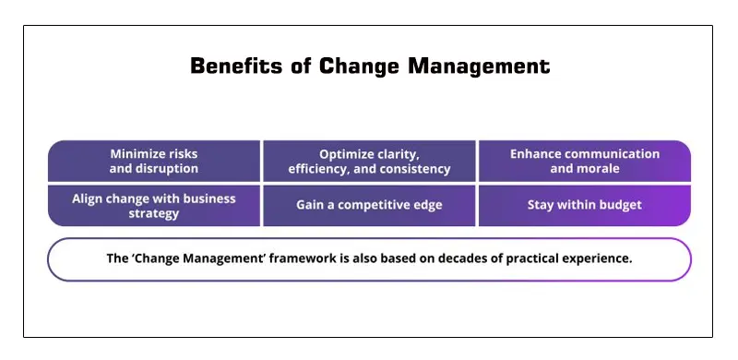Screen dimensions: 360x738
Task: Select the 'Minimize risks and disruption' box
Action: (154, 161)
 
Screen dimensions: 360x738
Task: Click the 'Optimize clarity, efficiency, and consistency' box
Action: (369, 161)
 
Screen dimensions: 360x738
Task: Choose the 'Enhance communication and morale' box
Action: (584, 161)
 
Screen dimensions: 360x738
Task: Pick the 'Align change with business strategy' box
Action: (154, 205)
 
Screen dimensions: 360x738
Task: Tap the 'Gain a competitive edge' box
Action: (369, 205)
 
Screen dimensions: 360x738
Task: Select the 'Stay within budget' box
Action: (584, 205)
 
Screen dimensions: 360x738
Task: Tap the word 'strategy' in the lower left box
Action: (154, 213)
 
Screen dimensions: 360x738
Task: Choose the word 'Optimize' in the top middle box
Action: (346, 153)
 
